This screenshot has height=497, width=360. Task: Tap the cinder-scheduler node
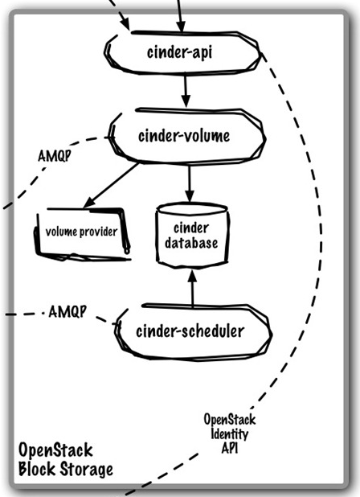[x=190, y=331]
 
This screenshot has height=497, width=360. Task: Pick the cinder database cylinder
[x=191, y=236]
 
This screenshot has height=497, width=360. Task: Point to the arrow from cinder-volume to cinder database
[x=190, y=182]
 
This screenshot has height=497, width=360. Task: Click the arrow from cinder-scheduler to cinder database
[x=191, y=289]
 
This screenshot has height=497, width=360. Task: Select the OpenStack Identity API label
[x=229, y=435]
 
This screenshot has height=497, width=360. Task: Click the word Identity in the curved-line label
[x=229, y=435]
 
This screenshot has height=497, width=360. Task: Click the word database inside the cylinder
[x=191, y=243]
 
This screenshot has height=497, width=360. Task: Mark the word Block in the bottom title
[x=36, y=469]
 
